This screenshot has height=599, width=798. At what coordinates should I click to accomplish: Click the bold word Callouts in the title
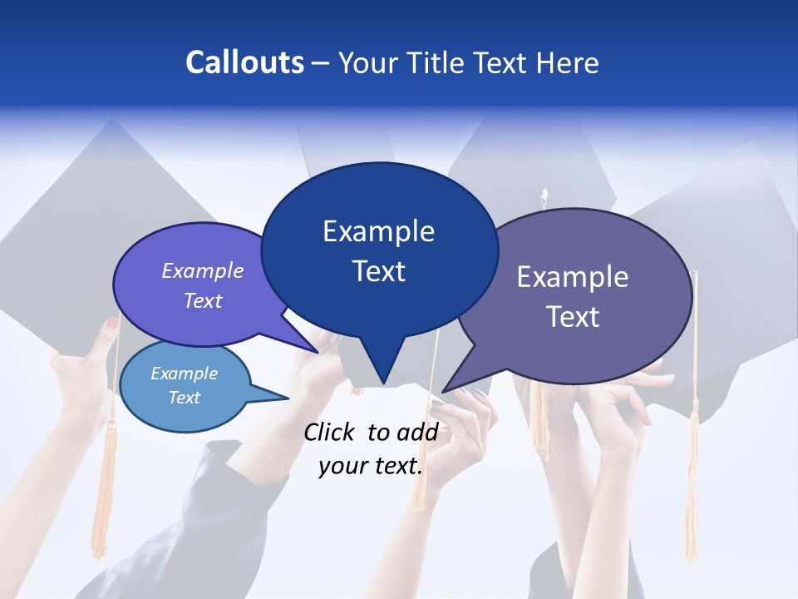(244, 62)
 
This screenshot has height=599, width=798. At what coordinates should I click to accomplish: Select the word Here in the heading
(567, 62)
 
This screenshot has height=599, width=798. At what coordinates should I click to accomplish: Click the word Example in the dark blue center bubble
(378, 230)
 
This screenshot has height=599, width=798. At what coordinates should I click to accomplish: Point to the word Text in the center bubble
(378, 270)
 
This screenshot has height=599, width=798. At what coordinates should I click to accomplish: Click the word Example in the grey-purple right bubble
(573, 276)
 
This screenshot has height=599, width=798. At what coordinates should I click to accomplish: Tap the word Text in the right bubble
(573, 316)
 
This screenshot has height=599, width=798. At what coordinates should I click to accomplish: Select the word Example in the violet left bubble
(203, 270)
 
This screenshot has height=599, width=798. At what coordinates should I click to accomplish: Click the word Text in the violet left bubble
(203, 300)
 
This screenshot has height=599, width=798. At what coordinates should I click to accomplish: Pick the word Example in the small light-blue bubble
(185, 374)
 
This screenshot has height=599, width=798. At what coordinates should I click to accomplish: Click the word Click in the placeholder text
(331, 432)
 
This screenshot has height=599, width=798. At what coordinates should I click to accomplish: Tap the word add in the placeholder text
(417, 432)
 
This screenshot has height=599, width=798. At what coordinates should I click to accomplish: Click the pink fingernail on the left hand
(112, 322)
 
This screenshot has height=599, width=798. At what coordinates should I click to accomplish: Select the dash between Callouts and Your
(322, 63)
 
